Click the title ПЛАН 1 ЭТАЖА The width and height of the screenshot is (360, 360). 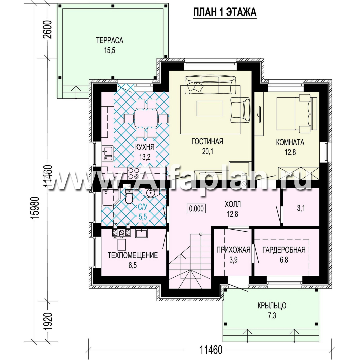pyautogui.click(x=225, y=12)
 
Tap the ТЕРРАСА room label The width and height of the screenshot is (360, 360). pyautogui.click(x=110, y=41)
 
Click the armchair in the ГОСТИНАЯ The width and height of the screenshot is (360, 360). pyautogui.click(x=240, y=110)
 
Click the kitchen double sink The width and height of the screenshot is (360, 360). pyautogui.click(x=107, y=153)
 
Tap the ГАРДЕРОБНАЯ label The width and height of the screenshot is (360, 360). pyautogui.click(x=284, y=250)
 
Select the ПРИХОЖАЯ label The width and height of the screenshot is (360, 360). pyautogui.click(x=233, y=250)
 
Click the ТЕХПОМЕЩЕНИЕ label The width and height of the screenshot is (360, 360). pyautogui.click(x=133, y=255)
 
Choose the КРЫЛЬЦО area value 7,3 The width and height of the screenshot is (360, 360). pyautogui.click(x=272, y=316)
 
